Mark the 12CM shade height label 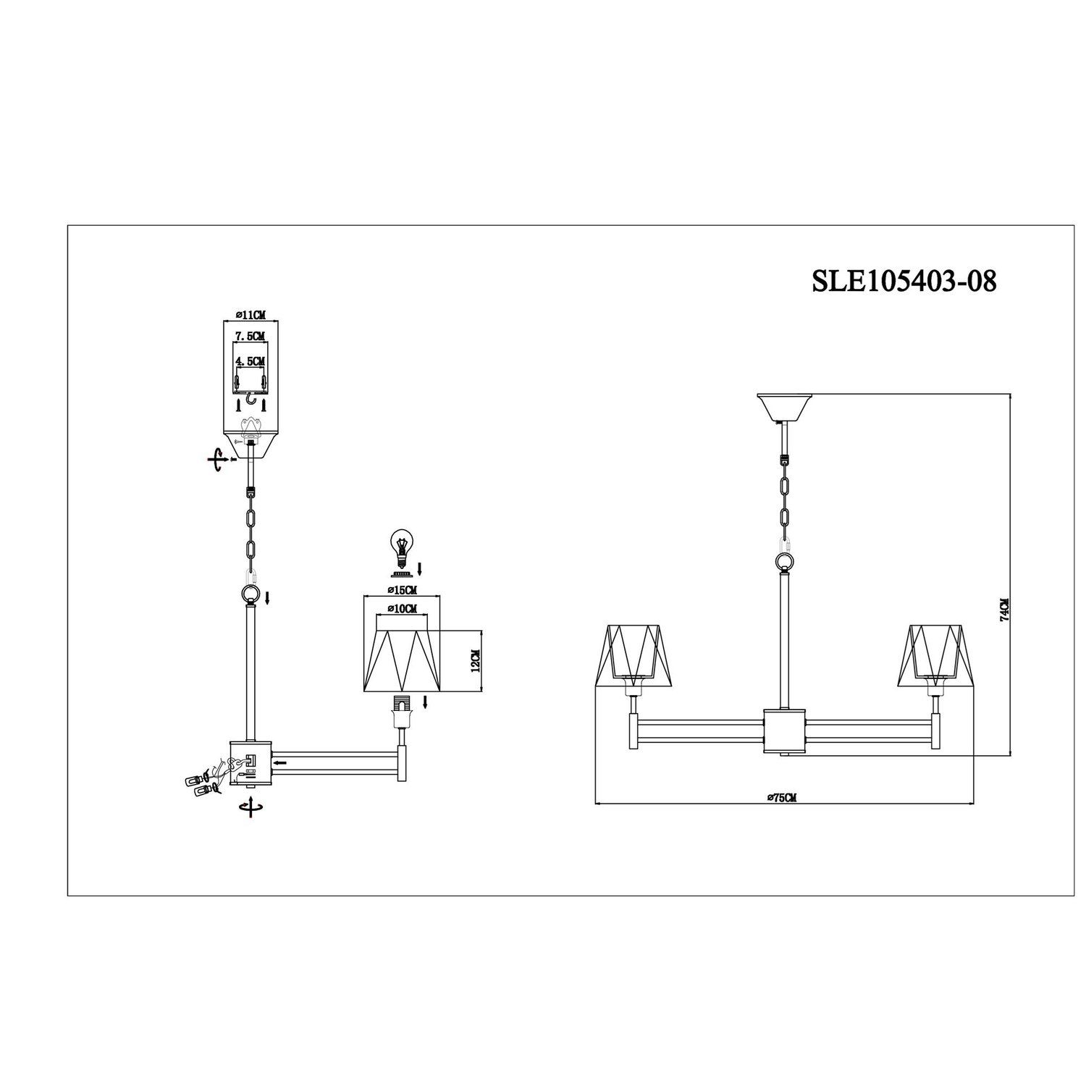click(x=476, y=661)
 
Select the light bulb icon click(x=400, y=545)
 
